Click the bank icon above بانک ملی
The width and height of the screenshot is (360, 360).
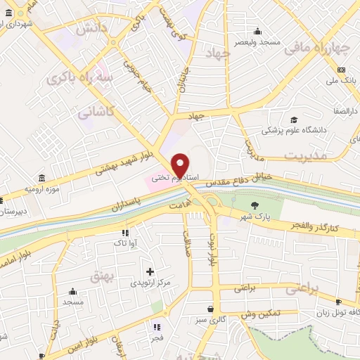[x=341, y=70]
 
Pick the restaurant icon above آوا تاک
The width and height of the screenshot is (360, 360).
[x=125, y=233]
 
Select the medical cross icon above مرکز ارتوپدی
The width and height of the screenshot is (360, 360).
[x=149, y=271]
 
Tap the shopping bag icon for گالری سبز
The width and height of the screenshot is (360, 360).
[x=210, y=308]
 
